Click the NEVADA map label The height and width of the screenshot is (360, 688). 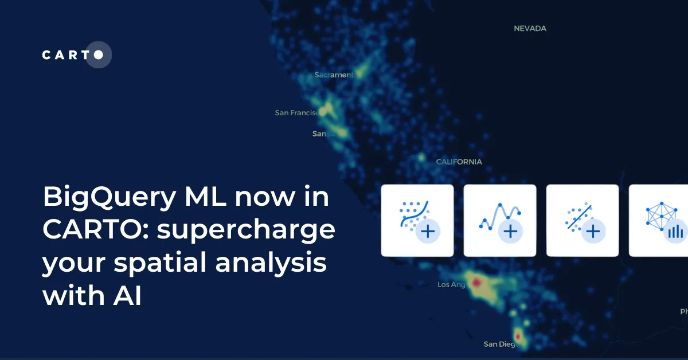pos(530,28)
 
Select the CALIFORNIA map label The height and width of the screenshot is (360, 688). pos(459,162)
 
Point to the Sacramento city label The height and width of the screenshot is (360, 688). pos(334,75)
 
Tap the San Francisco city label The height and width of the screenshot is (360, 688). pos(296,113)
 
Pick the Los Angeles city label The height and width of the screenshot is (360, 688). pos(451,284)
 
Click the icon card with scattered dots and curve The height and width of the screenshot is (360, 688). pos(417,220)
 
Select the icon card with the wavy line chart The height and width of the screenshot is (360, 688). pos(500,220)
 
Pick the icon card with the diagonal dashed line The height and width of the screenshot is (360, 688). pos(583,220)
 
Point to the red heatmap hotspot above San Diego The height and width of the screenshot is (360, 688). pos(518,335)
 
